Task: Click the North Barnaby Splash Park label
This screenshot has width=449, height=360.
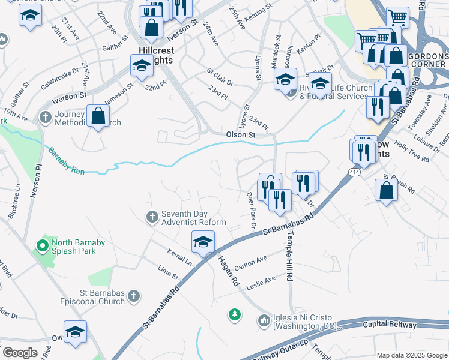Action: pos(73,247)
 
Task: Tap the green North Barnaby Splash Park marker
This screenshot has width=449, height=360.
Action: pos(42,246)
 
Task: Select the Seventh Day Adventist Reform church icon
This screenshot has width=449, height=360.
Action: pos(152,216)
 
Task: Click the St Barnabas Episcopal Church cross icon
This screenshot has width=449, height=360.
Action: pos(134,296)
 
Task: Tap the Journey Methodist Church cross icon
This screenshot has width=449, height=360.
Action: pos(44,118)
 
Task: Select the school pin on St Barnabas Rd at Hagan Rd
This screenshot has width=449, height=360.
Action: pos(203,242)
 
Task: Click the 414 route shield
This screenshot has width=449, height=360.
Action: pos(352,172)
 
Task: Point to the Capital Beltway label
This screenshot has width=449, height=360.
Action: pos(389,325)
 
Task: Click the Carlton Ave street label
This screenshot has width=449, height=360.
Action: pos(250,262)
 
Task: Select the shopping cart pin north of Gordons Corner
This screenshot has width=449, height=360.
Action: pos(397,17)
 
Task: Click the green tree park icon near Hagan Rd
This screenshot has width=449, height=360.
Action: pos(235,314)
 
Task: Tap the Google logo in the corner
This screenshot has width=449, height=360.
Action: pos(20,353)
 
